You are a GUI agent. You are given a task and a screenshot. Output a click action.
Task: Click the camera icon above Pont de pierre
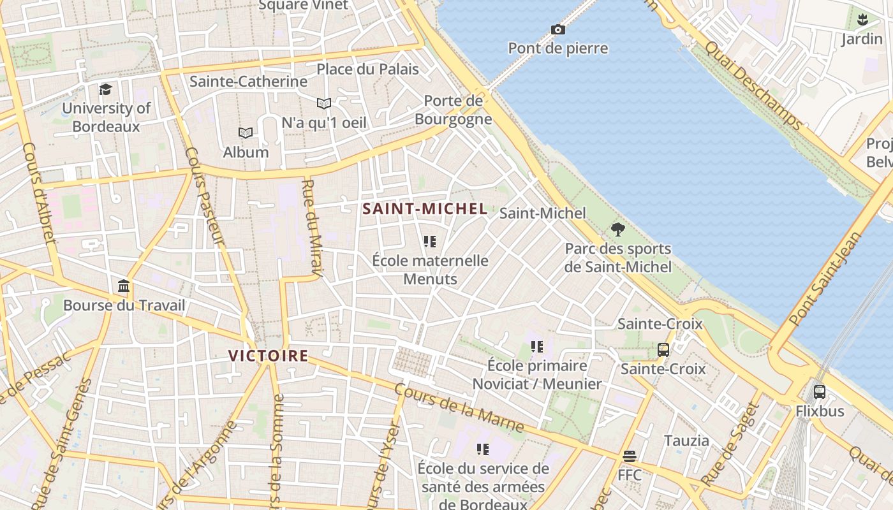pyautogui.click(x=557, y=29)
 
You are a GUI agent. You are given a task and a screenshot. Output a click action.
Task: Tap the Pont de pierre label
pyautogui.click(x=557, y=48)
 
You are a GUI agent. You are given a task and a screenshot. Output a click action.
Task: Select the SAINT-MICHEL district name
pyautogui.click(x=425, y=208)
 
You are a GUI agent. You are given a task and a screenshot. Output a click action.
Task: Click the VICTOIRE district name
pyautogui.click(x=269, y=356)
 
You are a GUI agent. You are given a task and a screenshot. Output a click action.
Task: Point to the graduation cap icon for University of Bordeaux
pyautogui.click(x=105, y=90)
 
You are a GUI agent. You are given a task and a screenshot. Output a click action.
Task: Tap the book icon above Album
pyautogui.click(x=246, y=133)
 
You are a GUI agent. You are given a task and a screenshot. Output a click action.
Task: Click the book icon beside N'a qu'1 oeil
pyautogui.click(x=324, y=103)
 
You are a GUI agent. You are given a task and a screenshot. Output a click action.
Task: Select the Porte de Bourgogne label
pyautogui.click(x=454, y=110)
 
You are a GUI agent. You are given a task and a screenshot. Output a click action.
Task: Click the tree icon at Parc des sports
pyautogui.click(x=617, y=229)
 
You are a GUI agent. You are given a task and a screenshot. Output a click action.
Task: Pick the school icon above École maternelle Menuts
pyautogui.click(x=430, y=242)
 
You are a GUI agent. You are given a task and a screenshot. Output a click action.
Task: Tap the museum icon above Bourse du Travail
pyautogui.click(x=124, y=286)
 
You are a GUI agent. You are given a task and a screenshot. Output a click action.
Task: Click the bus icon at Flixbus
pyautogui.click(x=820, y=392)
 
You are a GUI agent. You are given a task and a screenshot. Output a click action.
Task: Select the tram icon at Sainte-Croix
pyautogui.click(x=663, y=350)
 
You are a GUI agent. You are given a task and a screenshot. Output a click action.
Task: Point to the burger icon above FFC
pyautogui.click(x=630, y=456)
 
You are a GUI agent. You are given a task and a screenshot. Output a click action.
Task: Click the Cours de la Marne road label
pyautogui.click(x=459, y=407)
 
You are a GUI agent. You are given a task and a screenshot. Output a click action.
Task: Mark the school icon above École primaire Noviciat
pyautogui.click(x=537, y=347)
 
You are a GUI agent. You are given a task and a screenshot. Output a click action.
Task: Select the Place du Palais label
pyautogui.click(x=367, y=69)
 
